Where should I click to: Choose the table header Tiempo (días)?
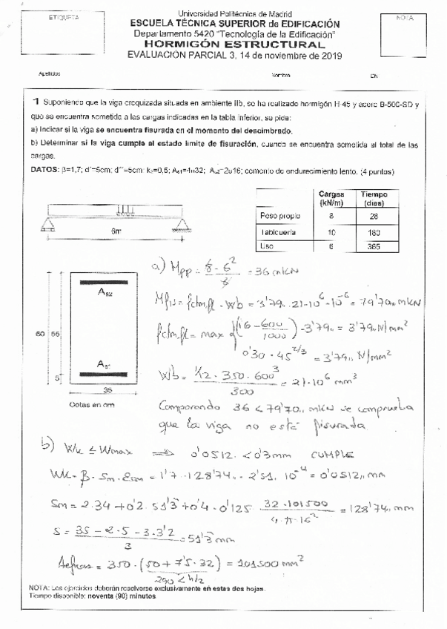point(374,198)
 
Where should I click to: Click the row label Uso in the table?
point(266,247)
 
